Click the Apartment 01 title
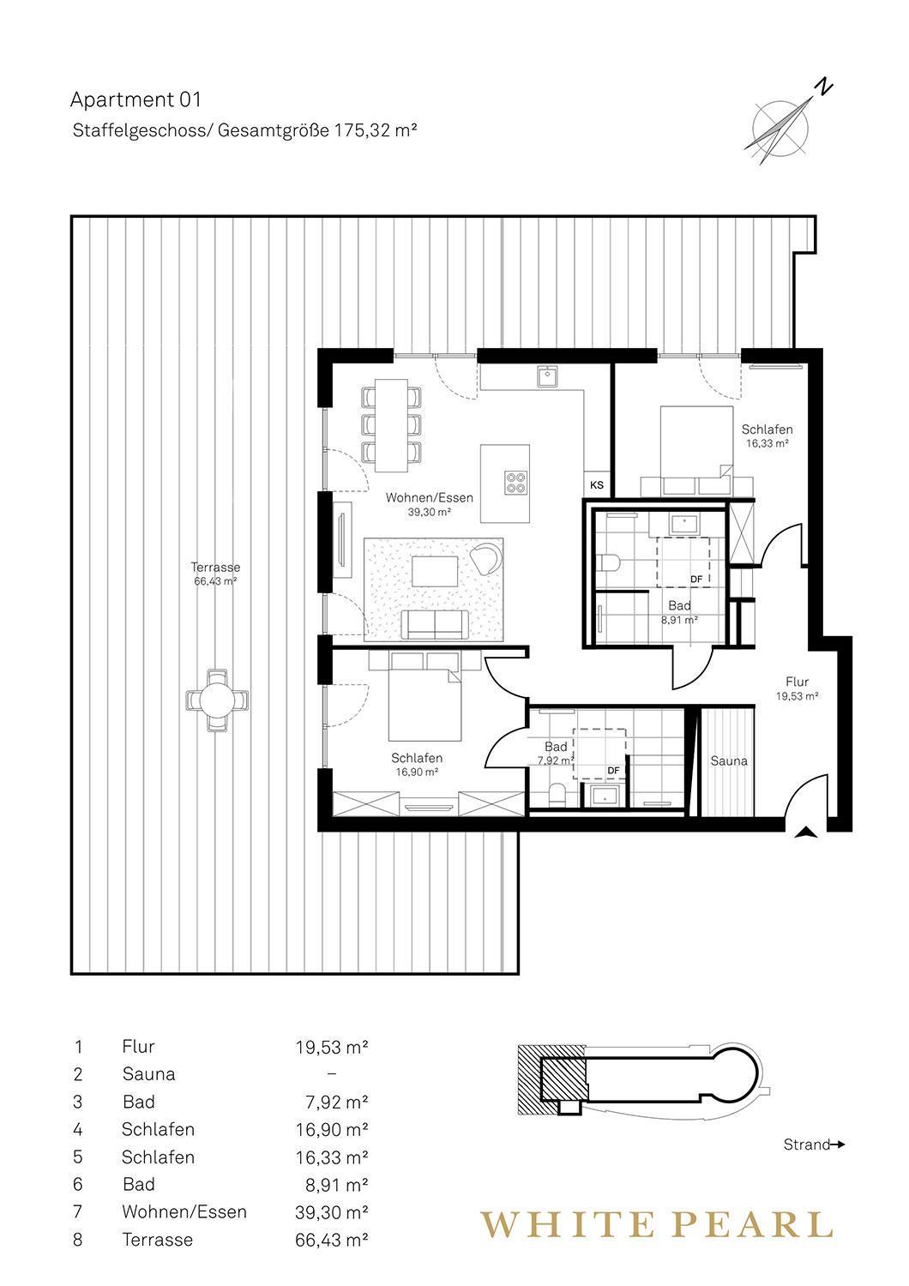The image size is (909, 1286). tap(135, 100)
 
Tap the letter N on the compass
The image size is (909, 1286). tap(825, 87)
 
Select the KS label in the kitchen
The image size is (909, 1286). tap(597, 485)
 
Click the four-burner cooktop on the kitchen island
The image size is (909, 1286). tap(515, 482)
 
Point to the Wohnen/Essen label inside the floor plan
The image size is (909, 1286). tap(429, 498)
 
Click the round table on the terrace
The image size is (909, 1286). tap(218, 700)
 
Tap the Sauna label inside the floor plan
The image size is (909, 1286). tap(729, 761)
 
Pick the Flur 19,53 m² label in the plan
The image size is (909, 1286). tap(797, 688)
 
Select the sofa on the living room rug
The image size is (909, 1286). tap(434, 624)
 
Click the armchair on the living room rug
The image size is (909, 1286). tap(485, 557)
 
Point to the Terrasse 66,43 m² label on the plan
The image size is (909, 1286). tap(215, 574)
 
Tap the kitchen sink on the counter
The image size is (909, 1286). tap(548, 376)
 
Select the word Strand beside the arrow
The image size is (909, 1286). tap(806, 1145)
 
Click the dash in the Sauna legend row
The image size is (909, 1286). tap(331, 1073)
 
